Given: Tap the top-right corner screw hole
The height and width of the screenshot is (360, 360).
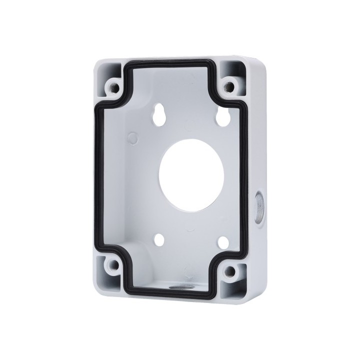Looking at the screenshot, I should [231, 84].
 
